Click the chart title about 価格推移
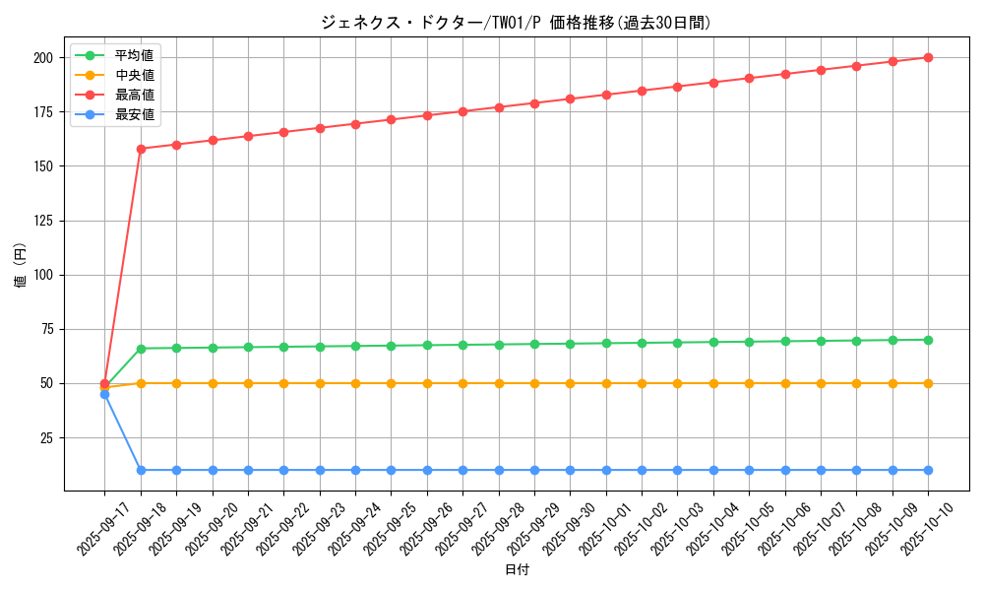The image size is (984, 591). click(516, 23)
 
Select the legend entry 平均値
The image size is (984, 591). click(135, 55)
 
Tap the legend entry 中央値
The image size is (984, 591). click(135, 75)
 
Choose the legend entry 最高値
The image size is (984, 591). click(135, 95)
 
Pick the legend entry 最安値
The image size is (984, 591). click(135, 114)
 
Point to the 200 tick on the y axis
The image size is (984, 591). click(42, 58)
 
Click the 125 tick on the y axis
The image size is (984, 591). click(42, 221)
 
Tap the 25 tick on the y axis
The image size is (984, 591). click(45, 437)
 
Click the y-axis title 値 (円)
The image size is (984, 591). click(21, 265)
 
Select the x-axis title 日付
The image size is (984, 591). click(517, 570)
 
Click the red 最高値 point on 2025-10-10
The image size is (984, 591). click(928, 57)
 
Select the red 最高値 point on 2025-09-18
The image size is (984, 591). click(141, 149)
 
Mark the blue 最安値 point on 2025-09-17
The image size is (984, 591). click(104, 394)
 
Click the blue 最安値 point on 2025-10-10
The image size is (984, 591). click(928, 470)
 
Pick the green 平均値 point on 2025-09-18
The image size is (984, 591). click(141, 349)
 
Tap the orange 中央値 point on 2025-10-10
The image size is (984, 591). click(928, 383)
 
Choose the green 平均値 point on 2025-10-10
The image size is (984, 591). click(928, 340)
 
